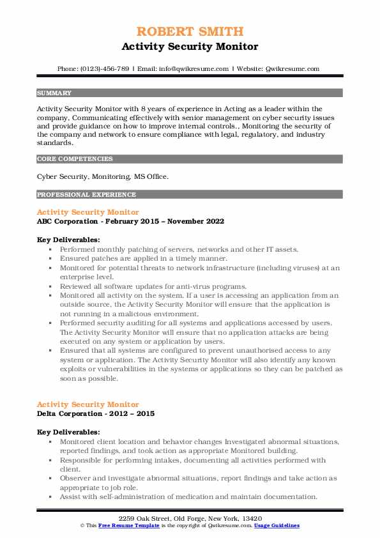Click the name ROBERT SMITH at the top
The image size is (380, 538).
coord(190,32)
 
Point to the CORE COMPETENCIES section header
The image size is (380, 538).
coord(75,159)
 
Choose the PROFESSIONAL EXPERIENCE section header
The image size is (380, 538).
coord(86,195)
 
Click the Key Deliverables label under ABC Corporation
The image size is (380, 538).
coord(68,240)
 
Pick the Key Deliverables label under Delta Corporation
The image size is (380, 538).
coord(68,433)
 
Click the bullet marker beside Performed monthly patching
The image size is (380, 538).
coord(50,249)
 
